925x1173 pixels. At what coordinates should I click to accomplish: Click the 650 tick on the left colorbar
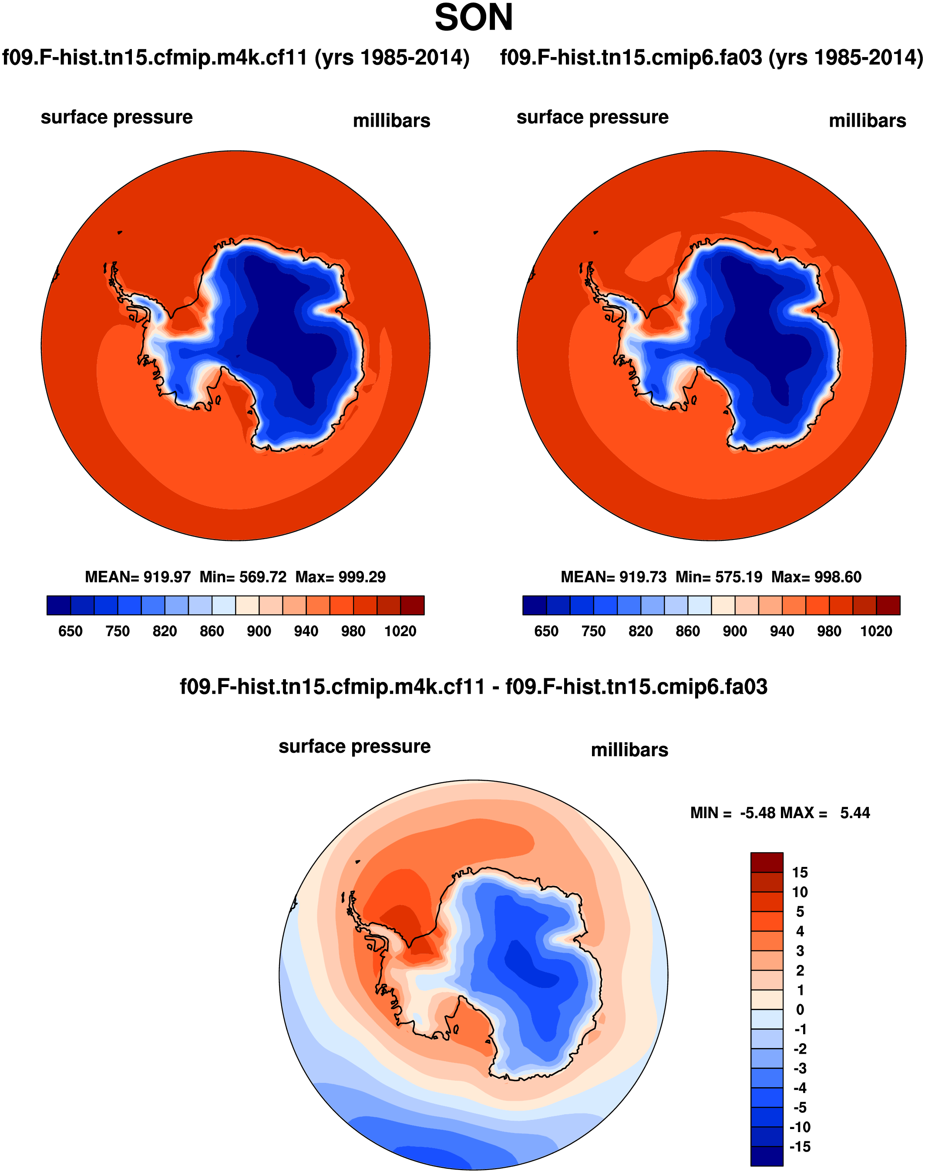pyautogui.click(x=71, y=631)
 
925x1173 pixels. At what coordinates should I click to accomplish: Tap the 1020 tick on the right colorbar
pyautogui.click(x=876, y=631)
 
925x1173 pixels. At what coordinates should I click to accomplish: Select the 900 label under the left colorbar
pyautogui.click(x=259, y=631)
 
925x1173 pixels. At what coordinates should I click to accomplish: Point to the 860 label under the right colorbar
pyautogui.click(x=687, y=631)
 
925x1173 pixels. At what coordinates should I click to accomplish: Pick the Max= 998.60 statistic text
pyautogui.click(x=816, y=577)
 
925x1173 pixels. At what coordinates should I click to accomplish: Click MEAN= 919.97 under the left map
pyautogui.click(x=138, y=577)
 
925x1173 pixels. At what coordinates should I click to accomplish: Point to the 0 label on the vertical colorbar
pyautogui.click(x=800, y=1009)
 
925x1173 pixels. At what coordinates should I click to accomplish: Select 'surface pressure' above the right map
pyautogui.click(x=592, y=117)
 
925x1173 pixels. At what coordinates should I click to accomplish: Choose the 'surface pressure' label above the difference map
pyautogui.click(x=354, y=747)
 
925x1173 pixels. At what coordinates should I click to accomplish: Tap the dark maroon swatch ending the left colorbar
pyautogui.click(x=412, y=605)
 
